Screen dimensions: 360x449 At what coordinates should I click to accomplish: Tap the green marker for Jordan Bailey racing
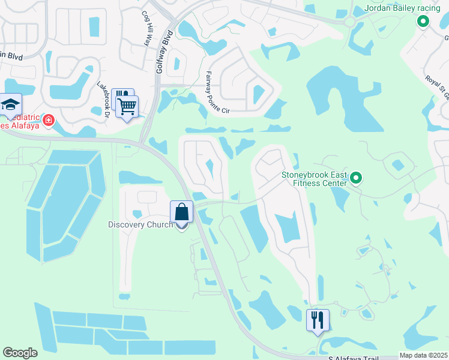(x=423, y=22)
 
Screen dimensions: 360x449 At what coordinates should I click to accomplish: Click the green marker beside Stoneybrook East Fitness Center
(x=356, y=178)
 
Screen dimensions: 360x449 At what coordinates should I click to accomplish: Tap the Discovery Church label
(x=140, y=224)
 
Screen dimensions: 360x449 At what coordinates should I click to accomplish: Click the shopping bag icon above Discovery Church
(x=181, y=212)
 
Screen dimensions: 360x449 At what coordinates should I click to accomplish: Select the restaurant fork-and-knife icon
(x=318, y=320)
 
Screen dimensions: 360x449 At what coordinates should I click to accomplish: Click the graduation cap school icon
(x=10, y=104)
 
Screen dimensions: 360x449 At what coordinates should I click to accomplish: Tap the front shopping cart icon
(x=127, y=107)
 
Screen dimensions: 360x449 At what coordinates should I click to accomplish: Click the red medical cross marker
(x=48, y=120)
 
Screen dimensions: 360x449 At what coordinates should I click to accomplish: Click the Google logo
(x=20, y=353)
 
